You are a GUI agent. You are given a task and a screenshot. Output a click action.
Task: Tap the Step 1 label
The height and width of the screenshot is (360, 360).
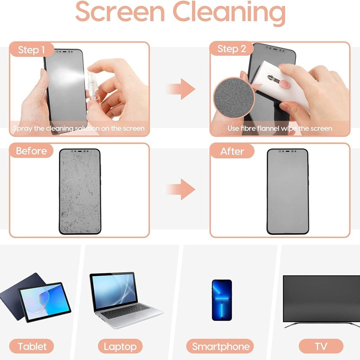click(x=32, y=50)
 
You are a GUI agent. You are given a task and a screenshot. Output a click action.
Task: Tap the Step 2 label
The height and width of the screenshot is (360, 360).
click(x=232, y=49)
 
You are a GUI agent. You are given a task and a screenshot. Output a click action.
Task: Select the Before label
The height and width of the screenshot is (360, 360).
click(x=31, y=151)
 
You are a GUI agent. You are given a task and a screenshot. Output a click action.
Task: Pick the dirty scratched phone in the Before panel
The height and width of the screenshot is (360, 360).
click(x=80, y=191)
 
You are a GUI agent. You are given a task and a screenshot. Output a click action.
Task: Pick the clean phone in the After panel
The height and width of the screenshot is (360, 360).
click(x=288, y=191)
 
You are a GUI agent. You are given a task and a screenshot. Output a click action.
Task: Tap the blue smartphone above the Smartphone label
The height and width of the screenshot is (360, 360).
click(x=222, y=300)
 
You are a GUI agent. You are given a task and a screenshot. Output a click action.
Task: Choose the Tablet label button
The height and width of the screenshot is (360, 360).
click(x=32, y=346)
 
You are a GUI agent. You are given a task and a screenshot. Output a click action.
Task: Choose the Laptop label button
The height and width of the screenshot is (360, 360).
click(x=120, y=346)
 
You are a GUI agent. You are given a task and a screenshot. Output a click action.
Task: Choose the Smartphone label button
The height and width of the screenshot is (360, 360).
click(x=220, y=346)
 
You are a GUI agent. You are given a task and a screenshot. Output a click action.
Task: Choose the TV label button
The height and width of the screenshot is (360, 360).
click(x=321, y=346)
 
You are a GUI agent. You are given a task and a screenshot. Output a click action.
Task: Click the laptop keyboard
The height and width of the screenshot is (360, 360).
click(x=126, y=311)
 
